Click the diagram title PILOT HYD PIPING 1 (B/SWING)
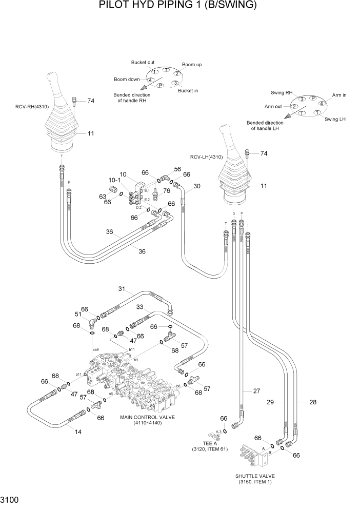point(177,6)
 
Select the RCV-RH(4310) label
point(32,107)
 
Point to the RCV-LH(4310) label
point(206,158)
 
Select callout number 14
point(78,432)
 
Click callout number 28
point(312,402)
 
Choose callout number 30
point(196,186)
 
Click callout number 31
point(122,288)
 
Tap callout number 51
point(78,315)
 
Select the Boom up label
point(192,65)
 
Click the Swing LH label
point(335,119)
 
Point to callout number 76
point(167,191)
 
